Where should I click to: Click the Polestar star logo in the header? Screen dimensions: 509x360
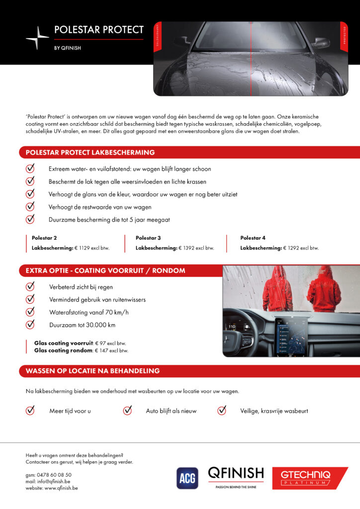coord(37,38)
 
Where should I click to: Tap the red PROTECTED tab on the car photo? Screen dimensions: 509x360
coord(344,36)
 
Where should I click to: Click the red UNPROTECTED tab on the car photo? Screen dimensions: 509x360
coord(157,36)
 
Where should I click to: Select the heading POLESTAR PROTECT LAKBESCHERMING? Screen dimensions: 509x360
coord(90,153)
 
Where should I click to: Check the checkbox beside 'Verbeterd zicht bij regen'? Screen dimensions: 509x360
coord(30,287)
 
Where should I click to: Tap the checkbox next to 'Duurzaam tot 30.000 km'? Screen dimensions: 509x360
coord(30,325)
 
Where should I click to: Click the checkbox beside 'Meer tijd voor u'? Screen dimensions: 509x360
coord(30,411)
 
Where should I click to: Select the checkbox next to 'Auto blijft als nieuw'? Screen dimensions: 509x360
coord(127,411)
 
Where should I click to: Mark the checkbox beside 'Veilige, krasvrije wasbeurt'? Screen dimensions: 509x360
coord(222,411)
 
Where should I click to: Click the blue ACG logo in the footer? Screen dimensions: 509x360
coord(187,478)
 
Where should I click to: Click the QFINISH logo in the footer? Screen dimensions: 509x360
coord(236,476)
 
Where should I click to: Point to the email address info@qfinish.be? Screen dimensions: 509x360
coord(54,481)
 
